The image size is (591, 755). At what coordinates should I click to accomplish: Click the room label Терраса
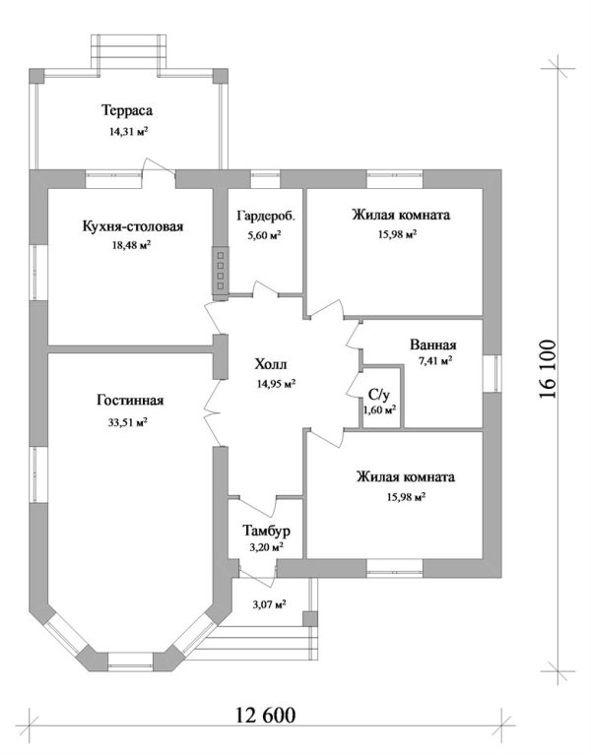(x=130, y=109)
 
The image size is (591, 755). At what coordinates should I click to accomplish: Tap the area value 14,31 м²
(x=130, y=130)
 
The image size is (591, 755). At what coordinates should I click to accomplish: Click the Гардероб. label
(x=266, y=215)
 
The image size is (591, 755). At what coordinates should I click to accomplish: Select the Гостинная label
(x=130, y=401)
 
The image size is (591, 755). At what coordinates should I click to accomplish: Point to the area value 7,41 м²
(x=434, y=361)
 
